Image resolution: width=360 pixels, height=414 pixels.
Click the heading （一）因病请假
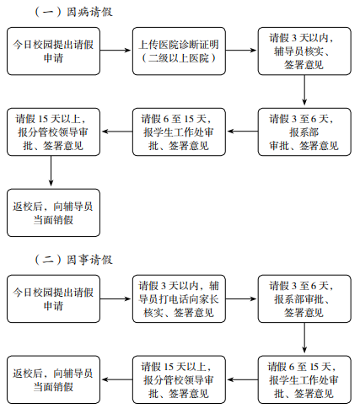tap(73, 12)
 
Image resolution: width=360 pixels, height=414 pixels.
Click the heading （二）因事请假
tap(73, 260)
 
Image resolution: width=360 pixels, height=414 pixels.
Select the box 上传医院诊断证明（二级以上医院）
tap(179, 51)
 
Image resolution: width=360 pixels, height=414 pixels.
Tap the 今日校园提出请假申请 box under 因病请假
tap(53, 51)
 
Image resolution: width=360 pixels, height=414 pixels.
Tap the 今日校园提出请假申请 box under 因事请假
tap(53, 298)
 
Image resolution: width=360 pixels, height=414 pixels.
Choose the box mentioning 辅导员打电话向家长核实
tap(179, 298)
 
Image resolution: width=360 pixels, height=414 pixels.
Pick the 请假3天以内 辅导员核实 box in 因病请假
tap(304, 51)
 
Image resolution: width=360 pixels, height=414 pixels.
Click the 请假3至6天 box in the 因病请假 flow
tap(304, 132)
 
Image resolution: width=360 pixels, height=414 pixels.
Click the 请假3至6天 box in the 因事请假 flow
tap(304, 298)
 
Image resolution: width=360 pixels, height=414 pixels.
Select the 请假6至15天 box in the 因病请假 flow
tap(179, 132)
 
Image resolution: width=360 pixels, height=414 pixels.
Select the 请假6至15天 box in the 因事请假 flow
tap(304, 379)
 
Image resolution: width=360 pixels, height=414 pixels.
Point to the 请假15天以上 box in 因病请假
tap(53, 132)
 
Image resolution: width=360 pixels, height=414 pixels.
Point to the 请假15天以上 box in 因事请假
tap(179, 379)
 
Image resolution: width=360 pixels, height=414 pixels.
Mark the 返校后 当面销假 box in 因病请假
tap(53, 212)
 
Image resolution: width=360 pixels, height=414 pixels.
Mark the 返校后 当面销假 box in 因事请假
tap(53, 379)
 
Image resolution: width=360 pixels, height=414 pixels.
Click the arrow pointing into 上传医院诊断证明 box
tap(116, 51)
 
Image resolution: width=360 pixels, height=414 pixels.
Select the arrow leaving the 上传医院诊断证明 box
tap(241, 51)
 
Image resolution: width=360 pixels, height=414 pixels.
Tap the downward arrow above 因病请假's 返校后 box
tap(51, 171)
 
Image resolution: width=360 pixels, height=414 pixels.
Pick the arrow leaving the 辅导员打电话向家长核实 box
tap(241, 298)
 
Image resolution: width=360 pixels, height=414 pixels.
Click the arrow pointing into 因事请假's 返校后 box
tap(117, 379)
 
